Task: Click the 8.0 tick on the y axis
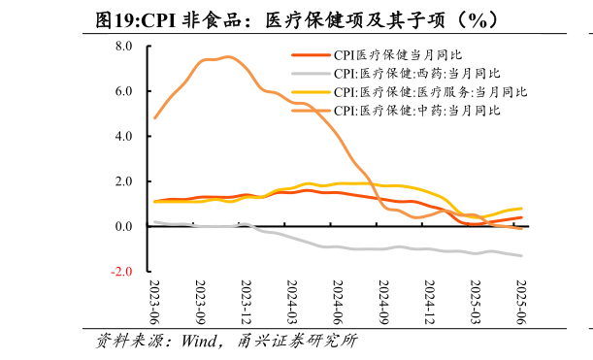click(x=123, y=46)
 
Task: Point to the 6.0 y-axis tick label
click(x=123, y=91)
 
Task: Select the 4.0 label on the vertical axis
click(x=123, y=136)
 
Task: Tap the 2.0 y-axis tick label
click(x=123, y=181)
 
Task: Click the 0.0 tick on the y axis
click(x=123, y=226)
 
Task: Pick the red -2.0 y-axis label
click(x=121, y=272)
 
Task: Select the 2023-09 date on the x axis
click(x=201, y=303)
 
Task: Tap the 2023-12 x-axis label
click(x=247, y=303)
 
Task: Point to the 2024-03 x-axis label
click(x=292, y=303)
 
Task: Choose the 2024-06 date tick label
click(x=338, y=303)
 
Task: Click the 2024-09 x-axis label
click(x=384, y=303)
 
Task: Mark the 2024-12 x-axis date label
click(x=430, y=303)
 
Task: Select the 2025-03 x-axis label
click(x=476, y=303)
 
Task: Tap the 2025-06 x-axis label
click(x=521, y=303)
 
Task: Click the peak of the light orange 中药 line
click(x=226, y=57)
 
